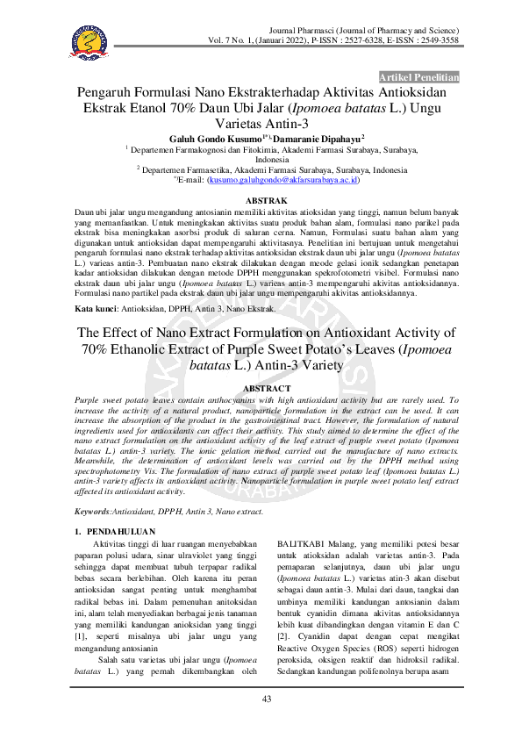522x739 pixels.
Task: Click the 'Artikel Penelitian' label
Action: tap(418, 77)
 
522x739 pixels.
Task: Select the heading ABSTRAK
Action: tap(261, 201)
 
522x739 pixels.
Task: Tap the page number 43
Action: tap(266, 698)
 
